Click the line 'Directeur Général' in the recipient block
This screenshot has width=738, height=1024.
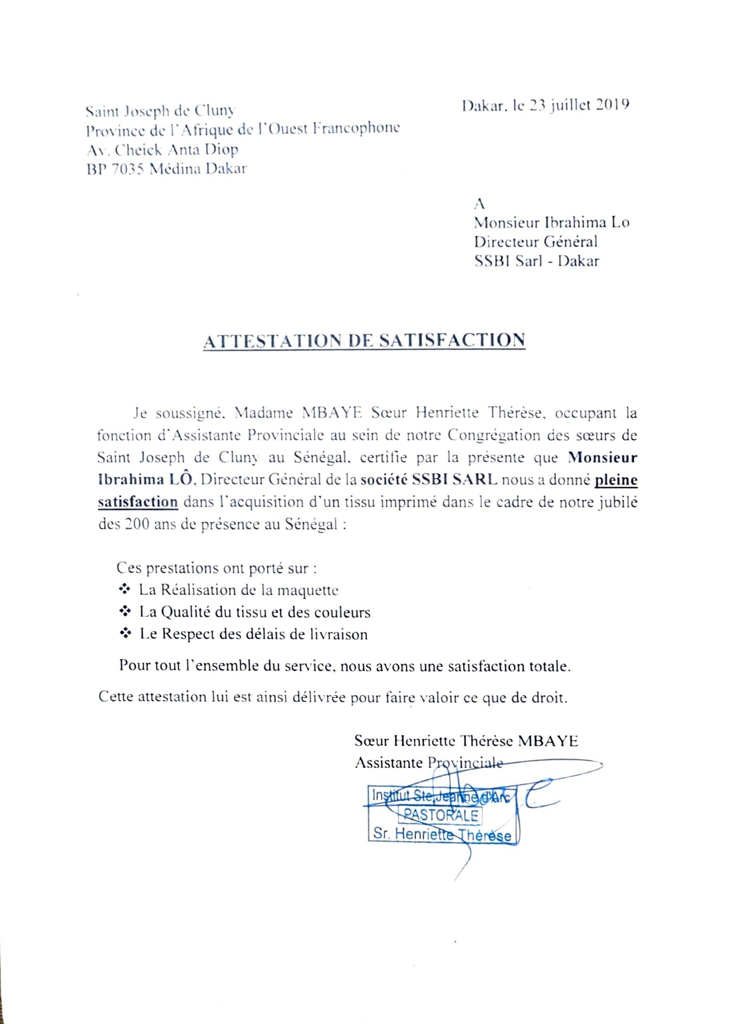535,242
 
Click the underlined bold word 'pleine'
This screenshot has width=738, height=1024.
615,480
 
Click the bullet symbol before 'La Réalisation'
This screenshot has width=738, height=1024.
124,589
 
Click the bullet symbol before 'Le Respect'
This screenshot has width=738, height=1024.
124,634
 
